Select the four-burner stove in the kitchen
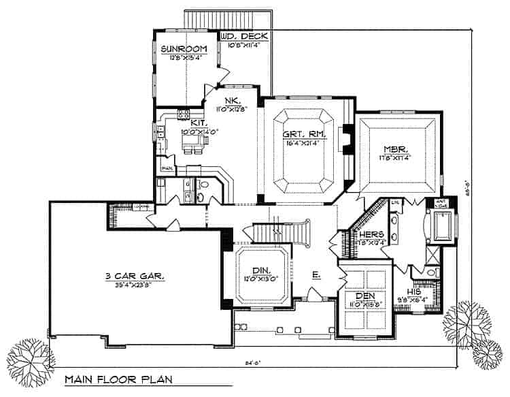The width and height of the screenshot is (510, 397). (x=183, y=114)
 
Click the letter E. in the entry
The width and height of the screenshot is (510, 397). (x=316, y=275)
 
